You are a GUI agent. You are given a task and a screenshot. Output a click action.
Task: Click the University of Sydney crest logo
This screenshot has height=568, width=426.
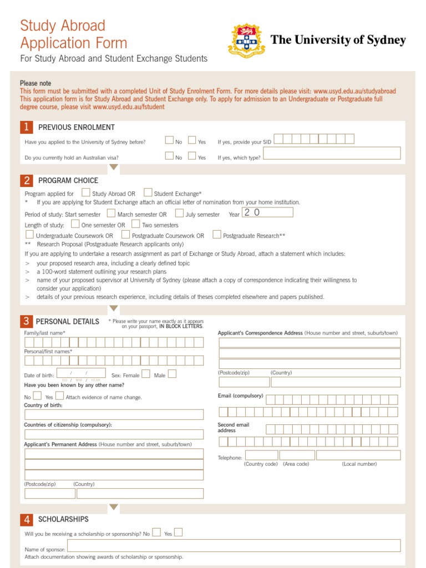tap(247, 40)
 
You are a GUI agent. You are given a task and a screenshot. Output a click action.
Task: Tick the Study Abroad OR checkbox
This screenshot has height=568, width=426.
tap(86, 193)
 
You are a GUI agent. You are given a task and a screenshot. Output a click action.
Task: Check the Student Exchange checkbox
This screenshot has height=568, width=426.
tap(148, 193)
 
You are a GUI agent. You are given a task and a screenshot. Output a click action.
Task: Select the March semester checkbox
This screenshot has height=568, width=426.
tap(111, 214)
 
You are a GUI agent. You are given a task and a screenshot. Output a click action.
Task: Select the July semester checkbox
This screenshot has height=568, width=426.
tap(179, 214)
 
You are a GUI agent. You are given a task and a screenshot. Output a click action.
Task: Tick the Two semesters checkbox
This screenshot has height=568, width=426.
tap(136, 224)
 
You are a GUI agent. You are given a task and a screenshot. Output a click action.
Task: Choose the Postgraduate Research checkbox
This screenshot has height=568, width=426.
tap(217, 235)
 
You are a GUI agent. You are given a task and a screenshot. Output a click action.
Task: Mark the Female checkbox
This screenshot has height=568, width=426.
tap(146, 374)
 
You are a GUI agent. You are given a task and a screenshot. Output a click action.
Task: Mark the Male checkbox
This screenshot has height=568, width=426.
tap(172, 374)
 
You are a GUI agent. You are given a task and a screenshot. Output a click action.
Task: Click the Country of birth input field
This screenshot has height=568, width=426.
tap(114, 414)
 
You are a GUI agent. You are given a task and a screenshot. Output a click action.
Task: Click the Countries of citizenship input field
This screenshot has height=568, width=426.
tap(114, 434)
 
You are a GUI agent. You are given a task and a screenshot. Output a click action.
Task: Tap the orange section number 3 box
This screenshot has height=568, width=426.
tap(26, 322)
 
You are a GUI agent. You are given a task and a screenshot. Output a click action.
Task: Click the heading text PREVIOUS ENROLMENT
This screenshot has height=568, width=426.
tap(77, 128)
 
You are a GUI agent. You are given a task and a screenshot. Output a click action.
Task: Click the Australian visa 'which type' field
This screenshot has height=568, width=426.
tap(331, 154)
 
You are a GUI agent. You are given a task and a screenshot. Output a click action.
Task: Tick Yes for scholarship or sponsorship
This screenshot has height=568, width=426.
tap(178, 532)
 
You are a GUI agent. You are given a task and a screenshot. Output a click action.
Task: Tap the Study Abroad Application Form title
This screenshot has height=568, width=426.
tap(73, 34)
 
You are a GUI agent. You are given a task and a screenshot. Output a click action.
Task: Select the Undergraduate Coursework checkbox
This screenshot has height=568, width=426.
tap(29, 235)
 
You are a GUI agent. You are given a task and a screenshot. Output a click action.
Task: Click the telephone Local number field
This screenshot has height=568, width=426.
tap(359, 455)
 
